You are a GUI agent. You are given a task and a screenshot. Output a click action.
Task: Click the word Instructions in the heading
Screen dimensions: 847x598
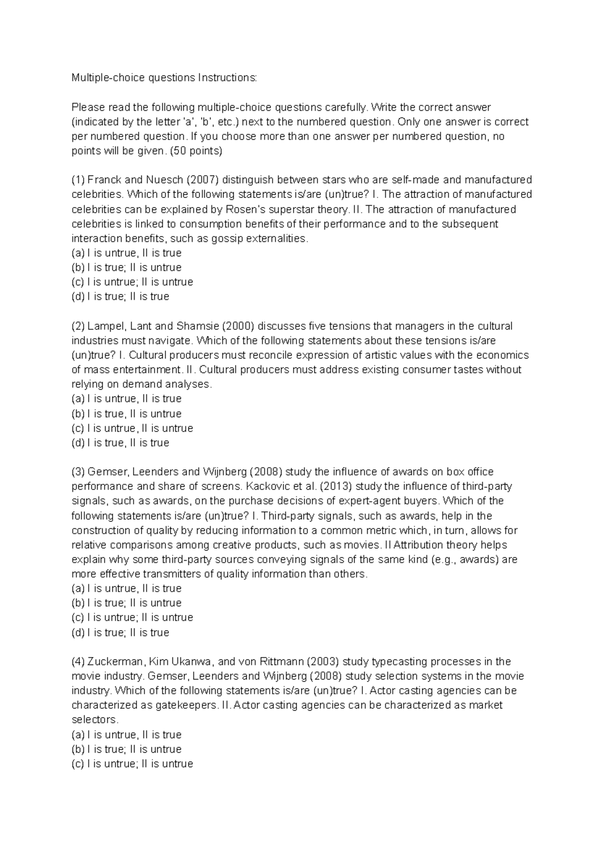coord(228,78)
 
